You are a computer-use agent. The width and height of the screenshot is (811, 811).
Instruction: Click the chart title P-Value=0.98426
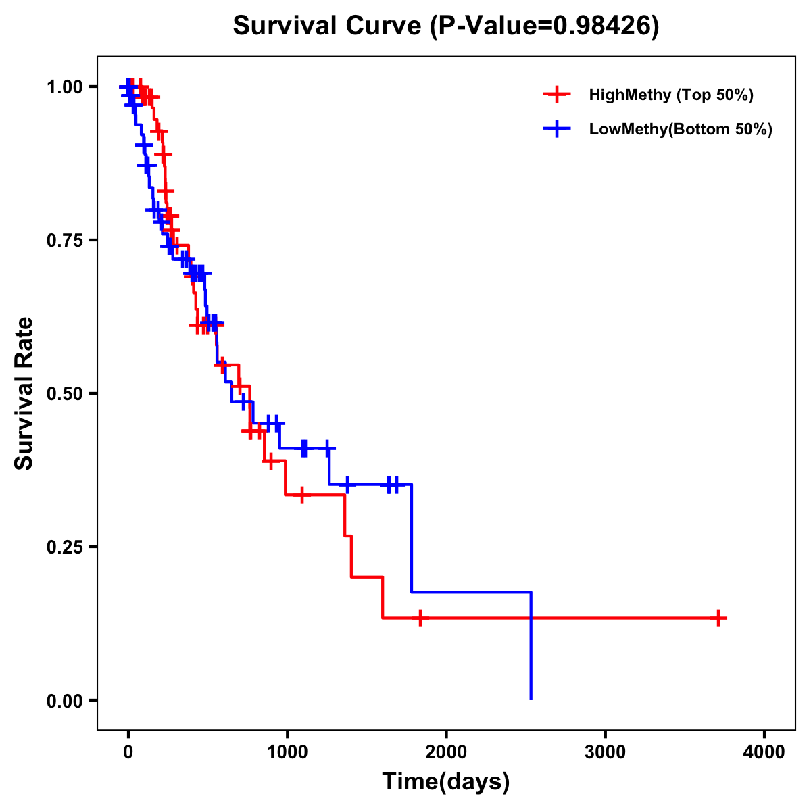[x=446, y=26]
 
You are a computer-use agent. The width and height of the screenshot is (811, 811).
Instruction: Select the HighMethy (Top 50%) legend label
[x=671, y=95]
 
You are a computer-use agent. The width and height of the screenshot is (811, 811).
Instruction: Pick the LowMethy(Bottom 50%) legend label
[x=681, y=129]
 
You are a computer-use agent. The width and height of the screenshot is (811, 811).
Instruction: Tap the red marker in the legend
[x=556, y=95]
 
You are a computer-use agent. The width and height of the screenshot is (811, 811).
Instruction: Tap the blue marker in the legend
[x=556, y=129]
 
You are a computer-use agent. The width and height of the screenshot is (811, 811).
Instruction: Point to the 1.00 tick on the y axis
[x=65, y=87]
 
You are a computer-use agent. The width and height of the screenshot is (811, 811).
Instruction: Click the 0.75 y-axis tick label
[x=65, y=241]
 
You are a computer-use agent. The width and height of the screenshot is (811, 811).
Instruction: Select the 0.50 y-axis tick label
[x=65, y=394]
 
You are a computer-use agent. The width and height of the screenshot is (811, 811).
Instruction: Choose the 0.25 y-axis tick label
[x=65, y=547]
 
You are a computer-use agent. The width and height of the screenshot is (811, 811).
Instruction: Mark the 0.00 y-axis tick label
[x=65, y=701]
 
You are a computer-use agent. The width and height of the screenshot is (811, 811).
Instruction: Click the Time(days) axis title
[x=446, y=782]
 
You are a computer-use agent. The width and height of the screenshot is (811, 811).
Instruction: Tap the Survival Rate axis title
[x=24, y=393]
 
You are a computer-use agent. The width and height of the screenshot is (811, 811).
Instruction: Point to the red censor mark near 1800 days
[x=420, y=618]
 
